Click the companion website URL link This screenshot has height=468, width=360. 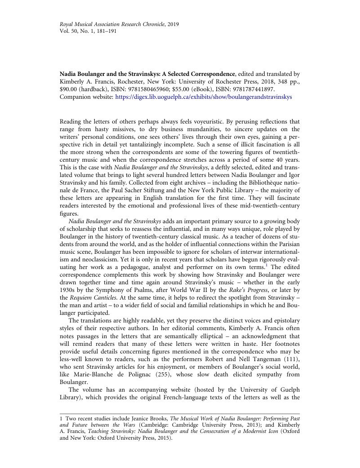204,97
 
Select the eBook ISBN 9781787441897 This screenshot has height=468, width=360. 252,89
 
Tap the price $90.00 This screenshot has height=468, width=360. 69,89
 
